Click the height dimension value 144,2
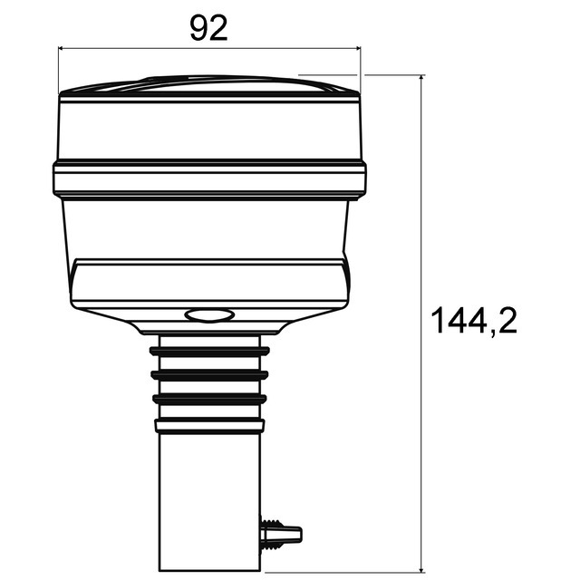[x=473, y=321]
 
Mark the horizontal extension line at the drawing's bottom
[x=344, y=573]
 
